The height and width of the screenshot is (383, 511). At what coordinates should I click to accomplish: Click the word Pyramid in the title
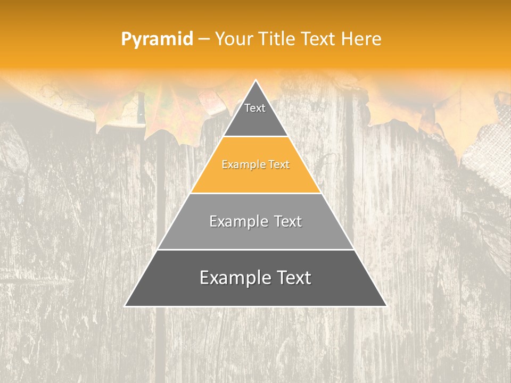coord(156,39)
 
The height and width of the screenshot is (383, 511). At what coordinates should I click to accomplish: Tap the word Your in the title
coord(235,39)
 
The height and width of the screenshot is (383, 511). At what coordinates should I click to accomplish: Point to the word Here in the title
coord(361,39)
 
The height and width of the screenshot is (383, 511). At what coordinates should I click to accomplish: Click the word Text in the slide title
coord(318,39)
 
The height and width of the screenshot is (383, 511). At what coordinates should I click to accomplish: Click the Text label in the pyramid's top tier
coord(255,108)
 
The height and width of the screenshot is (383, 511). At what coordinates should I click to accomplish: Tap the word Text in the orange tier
coord(279,165)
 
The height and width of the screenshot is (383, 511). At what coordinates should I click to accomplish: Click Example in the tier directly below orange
coord(237,221)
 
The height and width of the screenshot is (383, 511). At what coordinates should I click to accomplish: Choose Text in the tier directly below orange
coord(288,221)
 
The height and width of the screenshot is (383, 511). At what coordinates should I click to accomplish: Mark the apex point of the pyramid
coord(256,80)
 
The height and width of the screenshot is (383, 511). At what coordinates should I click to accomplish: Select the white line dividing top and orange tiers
coord(256,136)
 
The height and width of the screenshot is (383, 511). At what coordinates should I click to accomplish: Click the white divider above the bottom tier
coord(256,249)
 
